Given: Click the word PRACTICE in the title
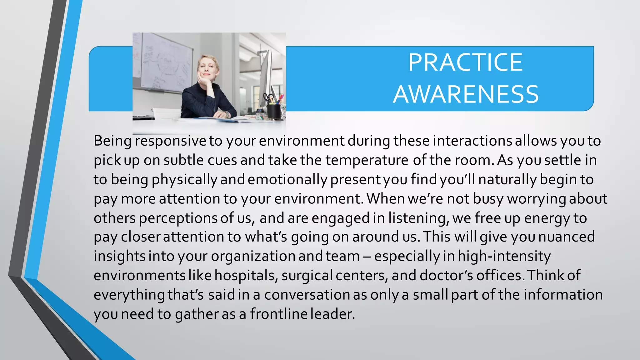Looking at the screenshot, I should pos(465,62).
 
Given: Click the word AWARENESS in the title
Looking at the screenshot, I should pos(466,94).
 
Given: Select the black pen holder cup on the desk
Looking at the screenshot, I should pos(274,111).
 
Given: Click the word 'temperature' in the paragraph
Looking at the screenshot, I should pos(367,160).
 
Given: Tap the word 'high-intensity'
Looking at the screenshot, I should pos(504,256).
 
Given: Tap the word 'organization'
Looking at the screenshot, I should pos(253,256).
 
